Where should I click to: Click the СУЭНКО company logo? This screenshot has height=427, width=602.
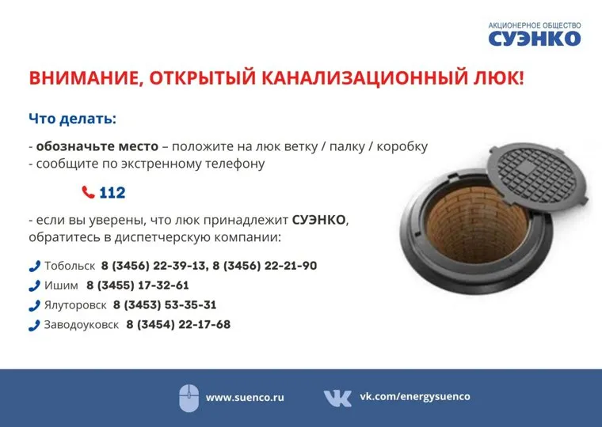(x=535, y=34)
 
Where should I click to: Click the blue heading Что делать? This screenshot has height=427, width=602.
(x=72, y=119)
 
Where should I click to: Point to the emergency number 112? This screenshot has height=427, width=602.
(x=112, y=192)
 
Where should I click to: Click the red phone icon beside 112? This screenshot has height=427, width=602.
(x=88, y=192)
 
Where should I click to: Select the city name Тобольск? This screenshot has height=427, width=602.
(x=70, y=266)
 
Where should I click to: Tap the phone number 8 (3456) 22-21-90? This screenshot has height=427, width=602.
(x=265, y=266)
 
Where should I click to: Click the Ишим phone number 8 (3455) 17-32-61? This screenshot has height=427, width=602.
(x=138, y=285)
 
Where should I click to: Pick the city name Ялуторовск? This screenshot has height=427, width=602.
(x=75, y=305)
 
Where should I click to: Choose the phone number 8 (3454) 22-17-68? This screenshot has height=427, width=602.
(x=178, y=325)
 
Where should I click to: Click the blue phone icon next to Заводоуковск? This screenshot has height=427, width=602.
(x=35, y=326)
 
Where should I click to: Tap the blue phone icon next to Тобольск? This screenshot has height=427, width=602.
(x=35, y=266)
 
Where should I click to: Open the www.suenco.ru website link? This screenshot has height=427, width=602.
(x=245, y=398)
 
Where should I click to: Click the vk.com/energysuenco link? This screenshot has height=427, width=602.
(x=414, y=396)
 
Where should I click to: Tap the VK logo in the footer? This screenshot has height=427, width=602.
(x=337, y=399)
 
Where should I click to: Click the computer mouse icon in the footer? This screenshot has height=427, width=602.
(x=189, y=399)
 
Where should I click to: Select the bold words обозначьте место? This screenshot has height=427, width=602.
(x=97, y=146)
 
